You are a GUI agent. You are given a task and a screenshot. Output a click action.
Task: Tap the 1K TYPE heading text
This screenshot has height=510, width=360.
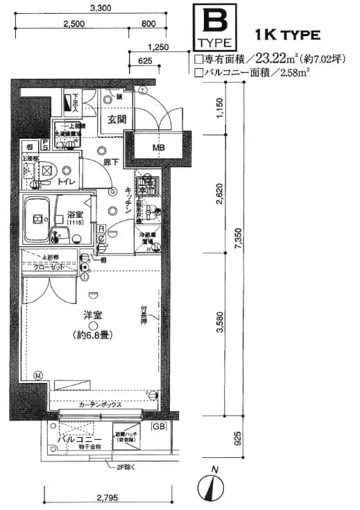pyautogui.click(x=287, y=34)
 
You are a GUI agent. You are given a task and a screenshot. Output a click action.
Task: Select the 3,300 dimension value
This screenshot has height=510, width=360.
pyautogui.click(x=103, y=9)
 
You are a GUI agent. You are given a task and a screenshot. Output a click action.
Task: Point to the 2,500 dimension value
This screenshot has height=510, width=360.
pyautogui.click(x=74, y=24)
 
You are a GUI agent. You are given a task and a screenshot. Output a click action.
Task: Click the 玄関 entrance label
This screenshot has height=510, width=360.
pyautogui.click(x=116, y=119)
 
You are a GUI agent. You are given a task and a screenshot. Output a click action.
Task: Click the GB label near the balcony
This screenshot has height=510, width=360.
pyautogui.click(x=160, y=426)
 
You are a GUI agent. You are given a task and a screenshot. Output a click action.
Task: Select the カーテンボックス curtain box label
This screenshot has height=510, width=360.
pyautogui.click(x=101, y=405)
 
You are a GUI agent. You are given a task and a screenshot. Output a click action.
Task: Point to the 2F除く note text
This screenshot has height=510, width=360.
pyautogui.click(x=124, y=468)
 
